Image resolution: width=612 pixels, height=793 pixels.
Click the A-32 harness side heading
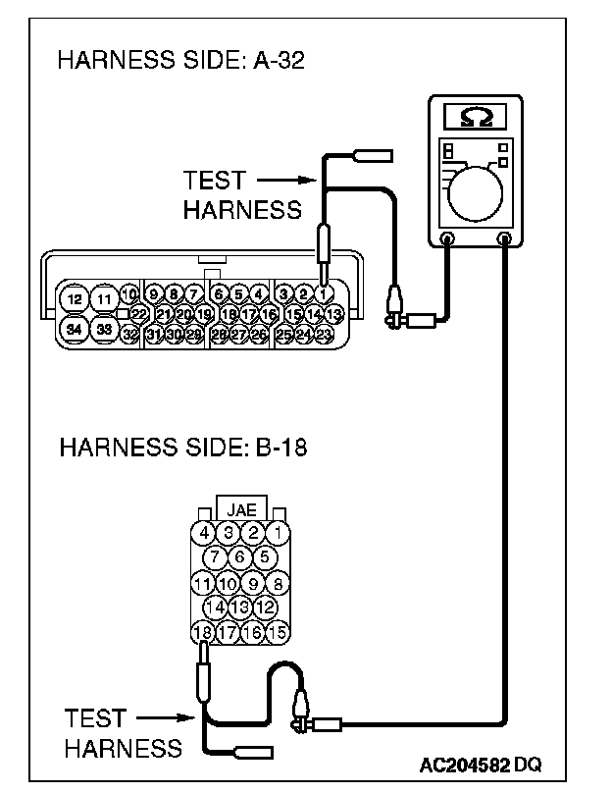tap(182, 61)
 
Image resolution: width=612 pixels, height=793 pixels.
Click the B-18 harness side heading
tap(183, 449)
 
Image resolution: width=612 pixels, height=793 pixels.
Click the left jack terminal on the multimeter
tap(448, 238)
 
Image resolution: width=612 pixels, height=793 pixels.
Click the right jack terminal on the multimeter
tap(505, 238)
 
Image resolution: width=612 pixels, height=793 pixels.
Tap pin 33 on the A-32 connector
tap(103, 330)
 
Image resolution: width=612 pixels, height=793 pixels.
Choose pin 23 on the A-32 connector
tap(325, 335)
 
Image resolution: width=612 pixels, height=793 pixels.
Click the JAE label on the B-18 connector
tap(241, 510)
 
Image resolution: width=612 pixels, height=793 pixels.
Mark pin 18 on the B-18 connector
tap(203, 632)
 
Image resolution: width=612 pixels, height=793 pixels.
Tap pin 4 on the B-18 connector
tap(203, 533)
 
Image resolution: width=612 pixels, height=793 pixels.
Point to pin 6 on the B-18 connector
tap(240, 557)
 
